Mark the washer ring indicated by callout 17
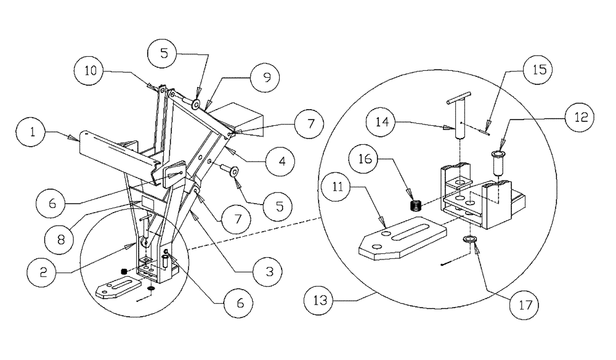pos(469,240)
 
